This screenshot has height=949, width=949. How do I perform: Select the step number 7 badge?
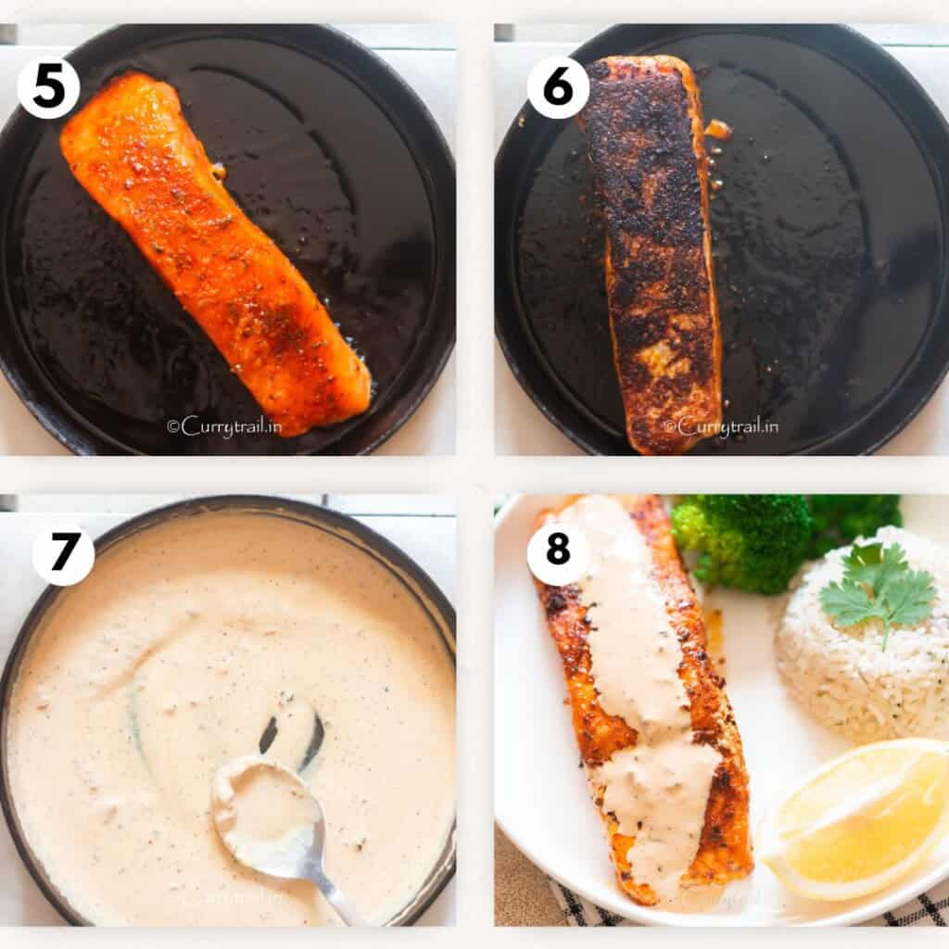click(63, 554)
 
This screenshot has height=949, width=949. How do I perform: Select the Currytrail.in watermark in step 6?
click(720, 426)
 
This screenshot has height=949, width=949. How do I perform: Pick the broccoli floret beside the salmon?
click(741, 542)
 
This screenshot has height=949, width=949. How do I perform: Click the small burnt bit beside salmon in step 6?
click(718, 129)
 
